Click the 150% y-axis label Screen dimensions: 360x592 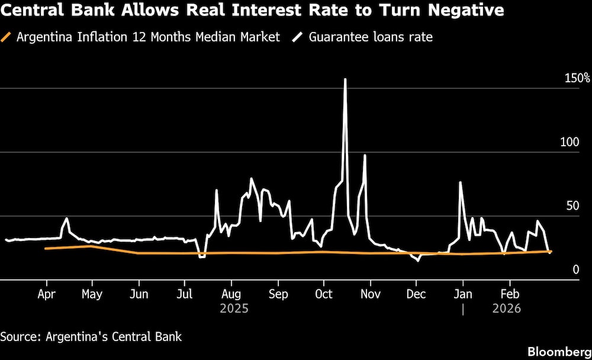577,78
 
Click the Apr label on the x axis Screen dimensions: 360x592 46,294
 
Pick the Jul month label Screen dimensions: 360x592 185,294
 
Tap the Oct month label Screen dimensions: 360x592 323,294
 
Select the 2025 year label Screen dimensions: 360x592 234,308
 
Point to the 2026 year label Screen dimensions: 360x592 506,308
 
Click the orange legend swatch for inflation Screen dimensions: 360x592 8,37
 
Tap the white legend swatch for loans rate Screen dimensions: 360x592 298,37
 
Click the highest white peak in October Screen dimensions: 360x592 345,79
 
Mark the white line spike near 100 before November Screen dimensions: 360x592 365,155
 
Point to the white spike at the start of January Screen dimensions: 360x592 460,182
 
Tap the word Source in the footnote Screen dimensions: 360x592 19,337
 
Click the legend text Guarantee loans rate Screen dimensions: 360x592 370,37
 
